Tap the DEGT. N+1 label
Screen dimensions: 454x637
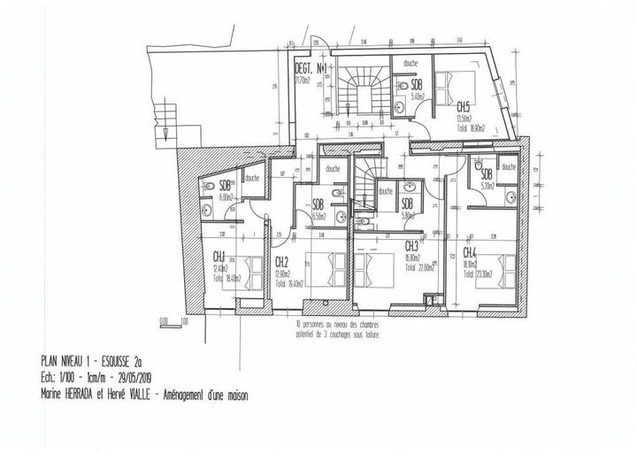click(x=312, y=67)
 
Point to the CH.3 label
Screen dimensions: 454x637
click(x=411, y=246)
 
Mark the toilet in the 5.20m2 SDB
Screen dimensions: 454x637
click(x=478, y=165)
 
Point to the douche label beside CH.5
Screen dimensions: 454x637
click(x=410, y=63)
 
